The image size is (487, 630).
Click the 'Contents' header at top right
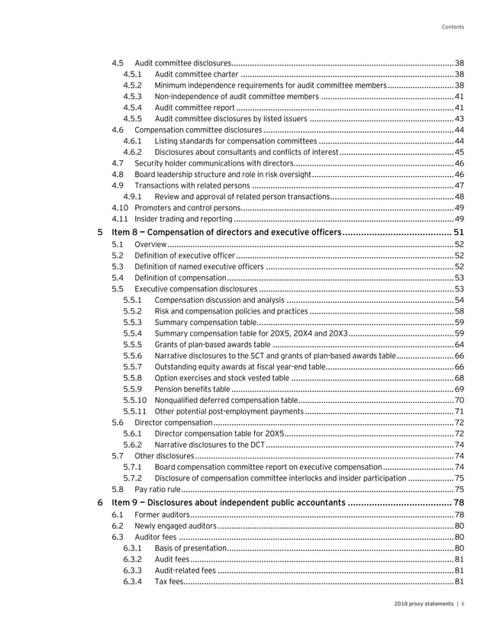point(453,28)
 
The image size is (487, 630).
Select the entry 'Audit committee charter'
point(196,74)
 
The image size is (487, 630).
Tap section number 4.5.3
point(132,97)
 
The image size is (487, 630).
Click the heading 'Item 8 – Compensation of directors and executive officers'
point(226,232)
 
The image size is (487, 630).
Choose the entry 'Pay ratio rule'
point(157,488)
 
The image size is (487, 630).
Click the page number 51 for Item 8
point(459,232)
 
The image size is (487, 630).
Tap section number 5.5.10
point(134,400)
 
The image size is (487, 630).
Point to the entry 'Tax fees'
point(169,582)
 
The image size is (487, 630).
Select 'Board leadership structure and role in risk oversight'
point(222,174)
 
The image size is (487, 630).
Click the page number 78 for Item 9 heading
point(459,502)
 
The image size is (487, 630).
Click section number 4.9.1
point(132,196)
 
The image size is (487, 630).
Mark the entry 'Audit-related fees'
point(185,571)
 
